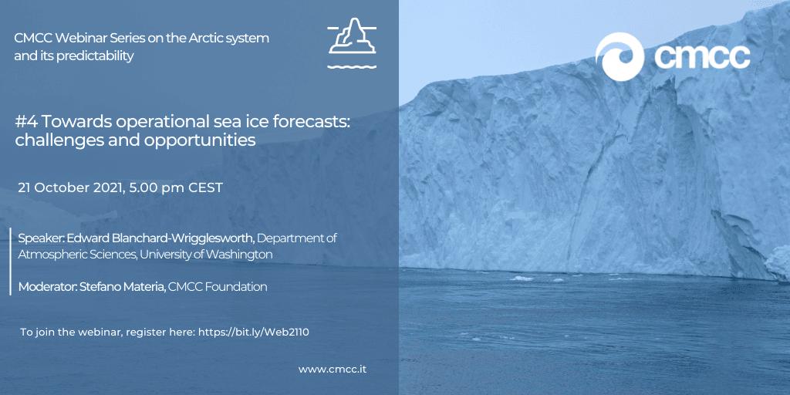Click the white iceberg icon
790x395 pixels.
point(352,43)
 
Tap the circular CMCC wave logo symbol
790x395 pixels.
point(620,56)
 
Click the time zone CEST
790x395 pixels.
point(205,188)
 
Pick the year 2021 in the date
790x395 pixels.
point(107,188)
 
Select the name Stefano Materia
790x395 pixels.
point(123,287)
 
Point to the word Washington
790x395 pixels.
point(241,255)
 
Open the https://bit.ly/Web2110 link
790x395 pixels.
point(253,332)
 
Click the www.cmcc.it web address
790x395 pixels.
point(333,370)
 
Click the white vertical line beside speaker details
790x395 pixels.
point(11,262)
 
